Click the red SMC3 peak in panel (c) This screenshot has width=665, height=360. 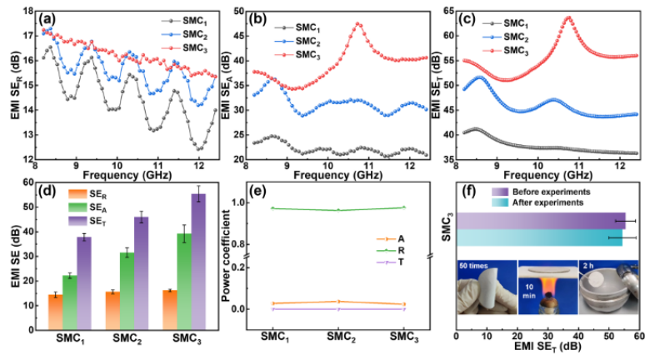pos(568,17)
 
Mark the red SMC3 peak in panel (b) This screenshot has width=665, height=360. pos(359,24)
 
